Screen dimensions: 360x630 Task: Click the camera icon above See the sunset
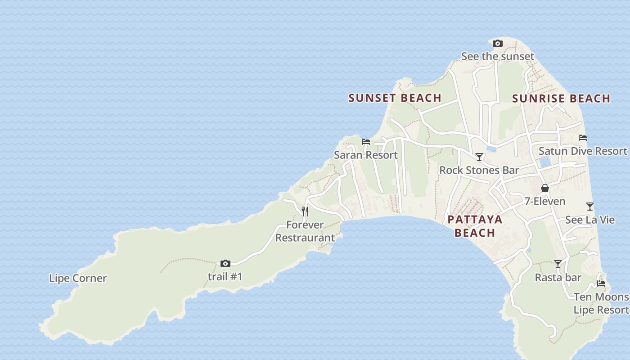(497, 44)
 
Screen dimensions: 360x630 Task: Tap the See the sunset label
(497, 56)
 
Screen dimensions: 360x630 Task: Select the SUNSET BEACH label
(395, 98)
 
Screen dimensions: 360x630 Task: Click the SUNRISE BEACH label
(561, 99)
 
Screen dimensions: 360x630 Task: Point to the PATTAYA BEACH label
(475, 226)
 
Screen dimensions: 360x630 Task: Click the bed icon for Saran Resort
(366, 141)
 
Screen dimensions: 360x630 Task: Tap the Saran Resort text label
(365, 155)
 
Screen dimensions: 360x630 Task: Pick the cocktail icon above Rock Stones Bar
(479, 157)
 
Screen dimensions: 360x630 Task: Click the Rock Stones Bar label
(479, 170)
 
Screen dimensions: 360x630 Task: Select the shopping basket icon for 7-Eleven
(545, 188)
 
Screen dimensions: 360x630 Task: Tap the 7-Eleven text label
(544, 201)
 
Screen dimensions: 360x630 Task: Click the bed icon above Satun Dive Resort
(583, 138)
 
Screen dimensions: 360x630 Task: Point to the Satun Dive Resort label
(582, 151)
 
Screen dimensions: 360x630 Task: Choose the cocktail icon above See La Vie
(590, 207)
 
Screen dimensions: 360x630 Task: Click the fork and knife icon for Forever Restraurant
(305, 211)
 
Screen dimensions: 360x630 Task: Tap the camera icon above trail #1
(225, 263)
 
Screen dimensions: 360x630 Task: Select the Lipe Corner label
(78, 278)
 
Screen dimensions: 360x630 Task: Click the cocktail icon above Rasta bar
(558, 264)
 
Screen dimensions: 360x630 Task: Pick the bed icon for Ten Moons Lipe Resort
(601, 283)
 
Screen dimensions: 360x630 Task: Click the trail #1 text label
(225, 276)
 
